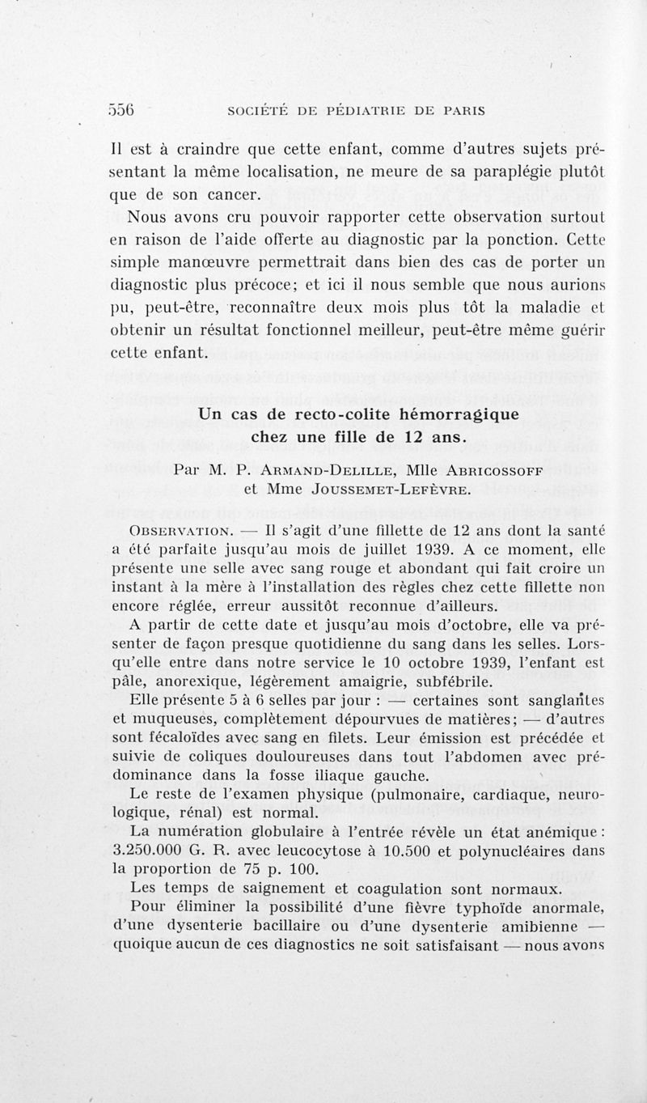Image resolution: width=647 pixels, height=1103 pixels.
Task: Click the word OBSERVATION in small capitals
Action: tap(169, 529)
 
